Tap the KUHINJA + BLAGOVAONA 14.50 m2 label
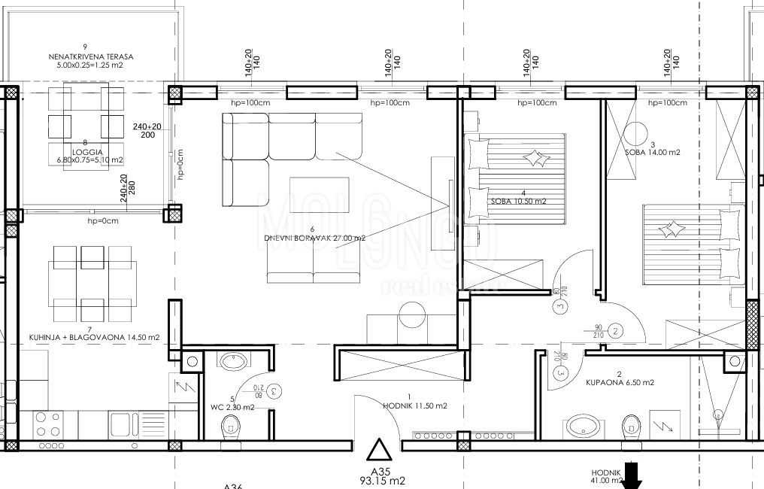point(92,338)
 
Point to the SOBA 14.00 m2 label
point(653,152)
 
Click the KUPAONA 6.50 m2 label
point(620,382)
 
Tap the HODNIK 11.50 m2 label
point(426,405)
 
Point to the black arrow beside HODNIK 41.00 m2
point(632,475)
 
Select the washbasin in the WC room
point(230,362)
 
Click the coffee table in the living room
point(320,191)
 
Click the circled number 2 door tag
point(615,330)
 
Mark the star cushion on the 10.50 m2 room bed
point(536,157)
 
